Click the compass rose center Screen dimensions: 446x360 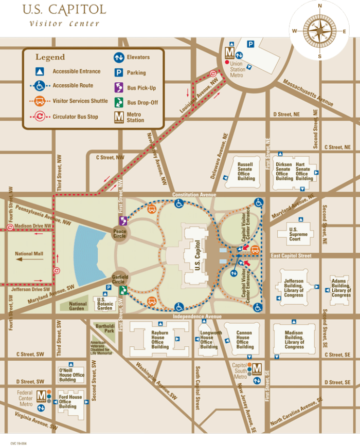(319, 30)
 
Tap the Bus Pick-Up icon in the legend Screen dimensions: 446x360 (118, 87)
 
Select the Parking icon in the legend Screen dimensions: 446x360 (118, 72)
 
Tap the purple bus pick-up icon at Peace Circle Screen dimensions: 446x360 (122, 221)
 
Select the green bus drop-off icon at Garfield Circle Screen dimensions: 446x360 (122, 291)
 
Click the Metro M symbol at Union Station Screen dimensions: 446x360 (229, 52)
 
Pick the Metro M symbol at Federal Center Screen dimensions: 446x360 (41, 396)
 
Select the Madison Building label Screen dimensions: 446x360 (294, 340)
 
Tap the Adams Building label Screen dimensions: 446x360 (341, 288)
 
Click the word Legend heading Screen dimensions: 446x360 (50, 57)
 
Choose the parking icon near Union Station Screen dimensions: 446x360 (250, 45)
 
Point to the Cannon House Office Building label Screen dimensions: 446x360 (245, 340)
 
